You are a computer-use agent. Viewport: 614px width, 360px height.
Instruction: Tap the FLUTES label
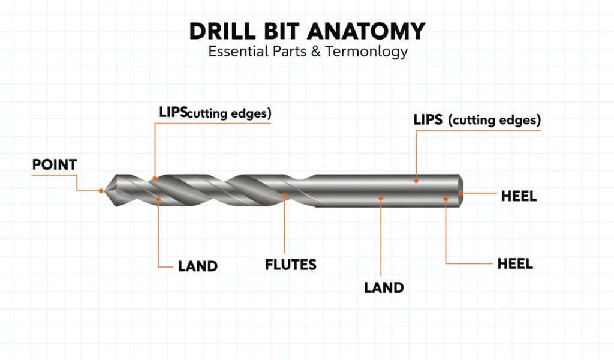click(x=290, y=264)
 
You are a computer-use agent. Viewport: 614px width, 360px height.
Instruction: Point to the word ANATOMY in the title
click(x=372, y=31)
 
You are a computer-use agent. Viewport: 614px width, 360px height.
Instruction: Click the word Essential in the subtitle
click(x=236, y=52)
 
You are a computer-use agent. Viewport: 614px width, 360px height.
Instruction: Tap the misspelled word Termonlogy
click(x=366, y=52)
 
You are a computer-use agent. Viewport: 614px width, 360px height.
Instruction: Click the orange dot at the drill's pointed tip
click(x=101, y=191)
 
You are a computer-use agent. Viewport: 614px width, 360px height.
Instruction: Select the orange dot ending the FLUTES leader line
click(x=284, y=196)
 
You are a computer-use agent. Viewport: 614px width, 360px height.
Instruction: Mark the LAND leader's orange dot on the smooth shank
click(x=381, y=197)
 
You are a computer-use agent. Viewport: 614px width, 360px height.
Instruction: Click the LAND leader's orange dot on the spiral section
click(x=158, y=199)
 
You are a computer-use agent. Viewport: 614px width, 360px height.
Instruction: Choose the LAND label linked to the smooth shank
click(x=384, y=287)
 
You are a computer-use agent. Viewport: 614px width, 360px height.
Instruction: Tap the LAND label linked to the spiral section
click(x=198, y=265)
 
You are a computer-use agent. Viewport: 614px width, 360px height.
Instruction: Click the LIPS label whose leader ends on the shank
click(x=477, y=119)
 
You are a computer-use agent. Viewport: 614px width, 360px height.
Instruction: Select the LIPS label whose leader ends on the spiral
click(x=215, y=112)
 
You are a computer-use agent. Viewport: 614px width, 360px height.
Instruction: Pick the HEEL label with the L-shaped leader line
click(x=515, y=264)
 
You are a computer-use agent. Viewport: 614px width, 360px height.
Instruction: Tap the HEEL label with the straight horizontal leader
click(x=518, y=196)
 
